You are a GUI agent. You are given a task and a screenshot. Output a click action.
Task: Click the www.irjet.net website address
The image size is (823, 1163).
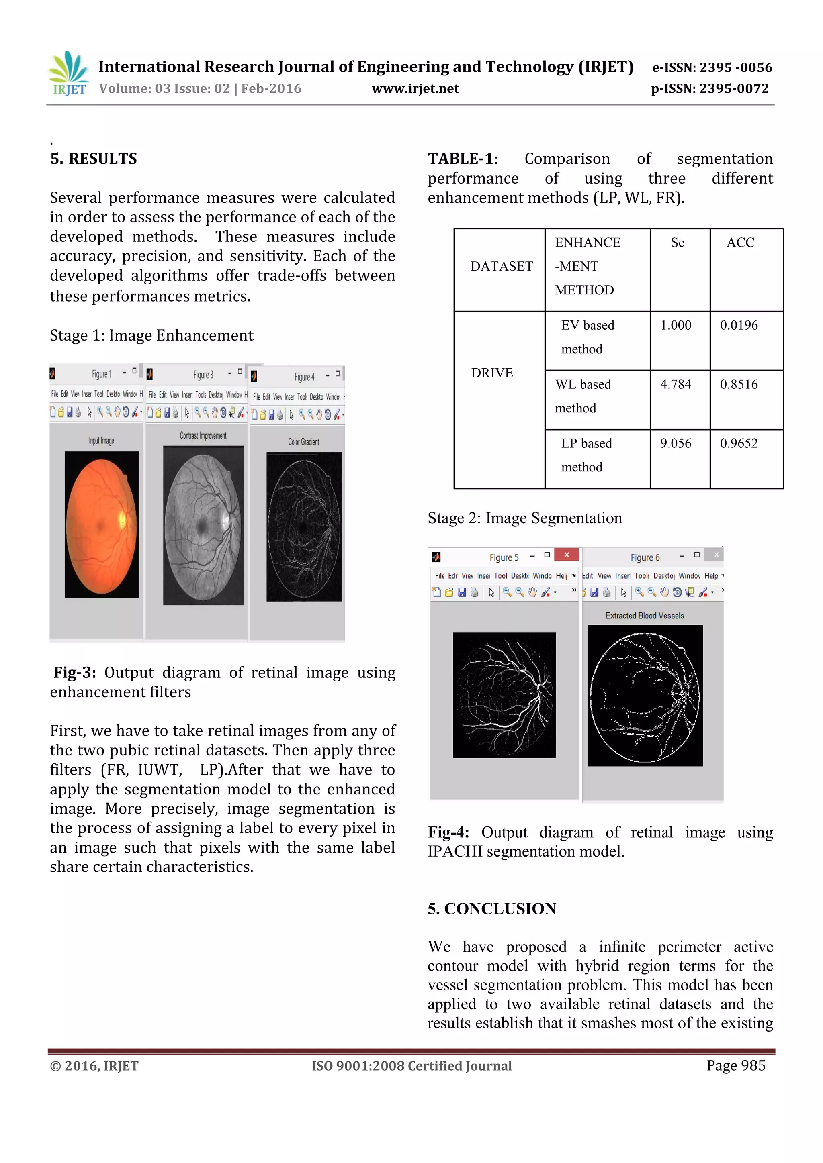point(415,89)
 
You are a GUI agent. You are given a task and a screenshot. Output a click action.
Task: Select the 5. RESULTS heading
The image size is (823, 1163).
point(93,159)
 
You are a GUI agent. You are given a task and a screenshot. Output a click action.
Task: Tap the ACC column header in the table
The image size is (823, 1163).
point(740,243)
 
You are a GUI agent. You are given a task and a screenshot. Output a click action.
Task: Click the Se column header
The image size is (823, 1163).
point(677,243)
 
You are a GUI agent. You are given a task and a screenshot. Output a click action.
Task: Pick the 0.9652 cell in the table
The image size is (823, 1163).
point(738,443)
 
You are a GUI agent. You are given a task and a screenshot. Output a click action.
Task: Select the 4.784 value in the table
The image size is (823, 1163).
point(675,384)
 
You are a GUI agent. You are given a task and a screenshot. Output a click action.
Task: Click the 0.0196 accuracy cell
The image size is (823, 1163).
point(738,325)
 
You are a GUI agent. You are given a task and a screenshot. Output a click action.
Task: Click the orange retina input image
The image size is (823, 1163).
point(101,524)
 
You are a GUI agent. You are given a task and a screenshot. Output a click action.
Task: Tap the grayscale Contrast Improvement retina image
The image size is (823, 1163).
point(203,525)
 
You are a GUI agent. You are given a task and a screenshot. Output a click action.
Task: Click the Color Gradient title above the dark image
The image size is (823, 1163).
point(303,442)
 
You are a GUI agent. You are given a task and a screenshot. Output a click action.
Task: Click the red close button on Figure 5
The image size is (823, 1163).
point(566,555)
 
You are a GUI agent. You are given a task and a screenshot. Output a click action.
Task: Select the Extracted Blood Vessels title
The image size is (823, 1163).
point(644,616)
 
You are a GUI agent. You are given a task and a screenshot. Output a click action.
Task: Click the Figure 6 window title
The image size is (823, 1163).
point(645,558)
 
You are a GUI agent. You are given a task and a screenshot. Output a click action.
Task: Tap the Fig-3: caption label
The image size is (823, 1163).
point(74,673)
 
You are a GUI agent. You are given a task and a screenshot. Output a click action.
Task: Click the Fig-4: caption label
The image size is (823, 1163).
point(448,832)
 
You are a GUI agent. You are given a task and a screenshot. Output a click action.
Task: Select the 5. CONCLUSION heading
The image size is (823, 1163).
point(491,909)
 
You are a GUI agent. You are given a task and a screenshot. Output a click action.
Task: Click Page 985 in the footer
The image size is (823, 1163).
point(735,1066)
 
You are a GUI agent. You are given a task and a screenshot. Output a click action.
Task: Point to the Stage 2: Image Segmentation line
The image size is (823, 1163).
point(524,518)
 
